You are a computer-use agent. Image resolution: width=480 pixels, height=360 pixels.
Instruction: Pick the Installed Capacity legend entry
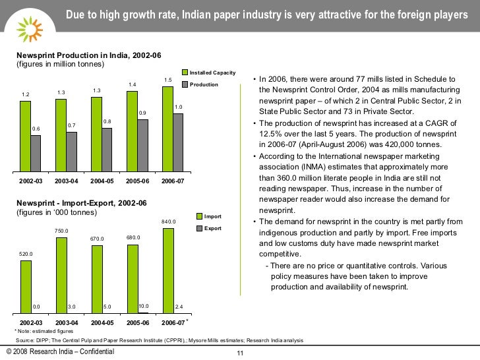(x=208, y=72)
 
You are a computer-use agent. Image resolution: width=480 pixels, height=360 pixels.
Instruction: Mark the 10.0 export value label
(x=144, y=306)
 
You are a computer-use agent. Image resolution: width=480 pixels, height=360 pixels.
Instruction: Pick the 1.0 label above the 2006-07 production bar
(x=178, y=107)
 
